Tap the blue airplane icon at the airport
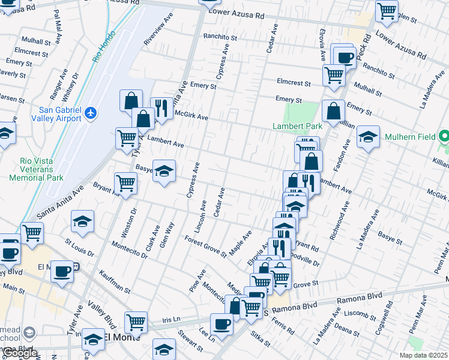click(x=90, y=113)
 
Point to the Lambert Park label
click(x=297, y=126)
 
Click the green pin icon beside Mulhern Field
click(x=444, y=136)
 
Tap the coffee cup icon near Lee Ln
click(x=221, y=325)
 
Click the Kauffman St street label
click(x=115, y=281)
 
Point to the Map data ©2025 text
click(x=424, y=355)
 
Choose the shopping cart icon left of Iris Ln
click(x=136, y=322)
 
